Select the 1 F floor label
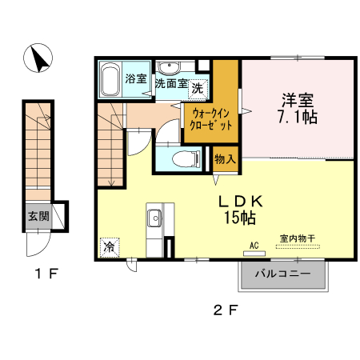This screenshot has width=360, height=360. (x=46, y=274)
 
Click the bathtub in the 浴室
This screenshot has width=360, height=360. (x=110, y=78)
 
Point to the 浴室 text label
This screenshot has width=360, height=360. (x=136, y=78)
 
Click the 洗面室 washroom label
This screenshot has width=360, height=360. (x=170, y=83)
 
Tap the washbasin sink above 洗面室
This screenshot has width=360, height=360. (x=168, y=67)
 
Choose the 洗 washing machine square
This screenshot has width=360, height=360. (x=196, y=87)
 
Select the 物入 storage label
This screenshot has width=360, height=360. (x=226, y=158)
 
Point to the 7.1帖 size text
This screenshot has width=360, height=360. (x=298, y=118)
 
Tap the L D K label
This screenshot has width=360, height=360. (x=238, y=200)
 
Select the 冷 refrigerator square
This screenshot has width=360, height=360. (x=108, y=248)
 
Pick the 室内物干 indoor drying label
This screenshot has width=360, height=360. (x=296, y=238)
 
